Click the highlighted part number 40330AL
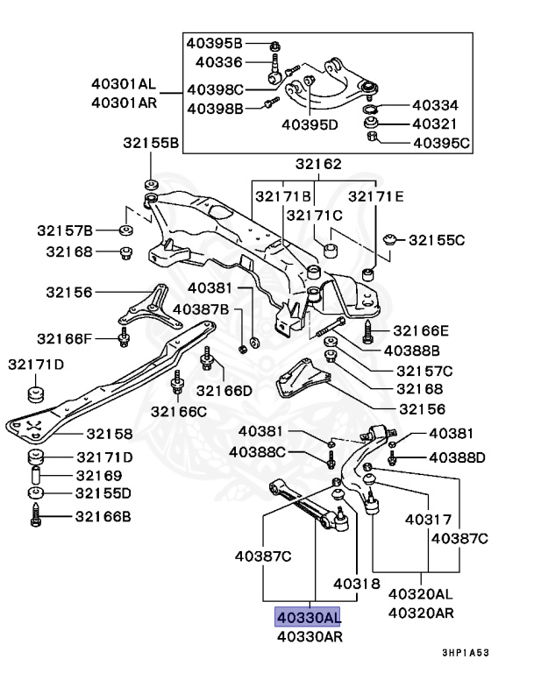[307, 618]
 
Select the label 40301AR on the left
[123, 102]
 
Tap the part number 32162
[317, 164]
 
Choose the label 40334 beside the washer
[436, 106]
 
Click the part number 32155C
[437, 238]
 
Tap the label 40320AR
[421, 613]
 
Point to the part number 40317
[428, 520]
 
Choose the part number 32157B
[64, 230]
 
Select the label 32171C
[314, 215]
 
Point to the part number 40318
[356, 584]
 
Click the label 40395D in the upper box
[310, 124]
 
